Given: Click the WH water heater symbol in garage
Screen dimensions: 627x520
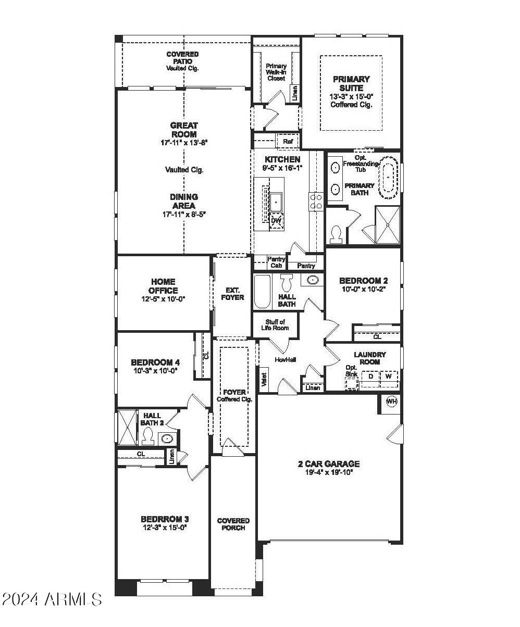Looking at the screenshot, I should tap(392, 402).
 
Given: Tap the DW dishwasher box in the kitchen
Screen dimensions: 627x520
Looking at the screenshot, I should tap(276, 221).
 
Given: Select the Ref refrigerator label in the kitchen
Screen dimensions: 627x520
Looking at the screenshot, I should tap(288, 141).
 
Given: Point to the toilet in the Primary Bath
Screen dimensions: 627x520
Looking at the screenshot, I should tap(337, 233).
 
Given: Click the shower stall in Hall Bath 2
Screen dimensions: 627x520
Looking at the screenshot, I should tap(127, 428).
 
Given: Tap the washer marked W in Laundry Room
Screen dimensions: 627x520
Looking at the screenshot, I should tap(388, 376).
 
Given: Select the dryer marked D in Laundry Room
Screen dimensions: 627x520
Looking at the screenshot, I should tap(371, 376).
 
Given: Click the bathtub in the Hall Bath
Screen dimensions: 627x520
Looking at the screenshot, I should tap(262, 292).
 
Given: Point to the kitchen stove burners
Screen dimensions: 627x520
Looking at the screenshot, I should tap(316, 200).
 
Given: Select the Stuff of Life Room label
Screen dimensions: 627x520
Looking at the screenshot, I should tap(275, 325).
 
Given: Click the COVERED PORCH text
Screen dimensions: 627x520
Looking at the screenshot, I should tap(233, 524).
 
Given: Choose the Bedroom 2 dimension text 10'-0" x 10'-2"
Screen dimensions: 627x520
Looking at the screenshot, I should tap(363, 289).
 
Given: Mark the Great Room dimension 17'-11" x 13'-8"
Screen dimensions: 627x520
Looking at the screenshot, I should tap(184, 142).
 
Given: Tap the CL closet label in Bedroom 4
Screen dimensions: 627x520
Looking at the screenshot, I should tap(205, 356).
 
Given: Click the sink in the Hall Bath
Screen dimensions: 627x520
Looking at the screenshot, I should tap(312, 280).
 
